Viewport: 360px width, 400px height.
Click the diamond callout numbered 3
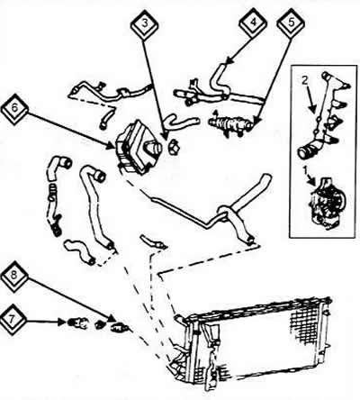[145, 24]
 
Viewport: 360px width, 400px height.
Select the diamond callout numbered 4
[254, 23]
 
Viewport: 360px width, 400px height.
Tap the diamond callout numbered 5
[291, 24]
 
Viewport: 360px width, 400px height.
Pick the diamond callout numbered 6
[15, 109]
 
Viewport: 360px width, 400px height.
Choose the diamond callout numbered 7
[13, 320]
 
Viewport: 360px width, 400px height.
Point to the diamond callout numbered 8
[14, 277]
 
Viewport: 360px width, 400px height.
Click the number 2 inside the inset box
[304, 80]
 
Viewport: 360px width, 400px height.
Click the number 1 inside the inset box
[306, 170]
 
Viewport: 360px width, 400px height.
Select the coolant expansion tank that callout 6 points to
[139, 147]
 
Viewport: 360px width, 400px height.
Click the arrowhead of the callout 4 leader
[229, 61]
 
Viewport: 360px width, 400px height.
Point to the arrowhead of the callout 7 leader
[62, 323]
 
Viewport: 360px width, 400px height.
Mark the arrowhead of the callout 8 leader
[112, 319]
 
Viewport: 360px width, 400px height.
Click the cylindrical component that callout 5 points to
[231, 124]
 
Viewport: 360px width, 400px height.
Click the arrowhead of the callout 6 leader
[112, 146]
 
